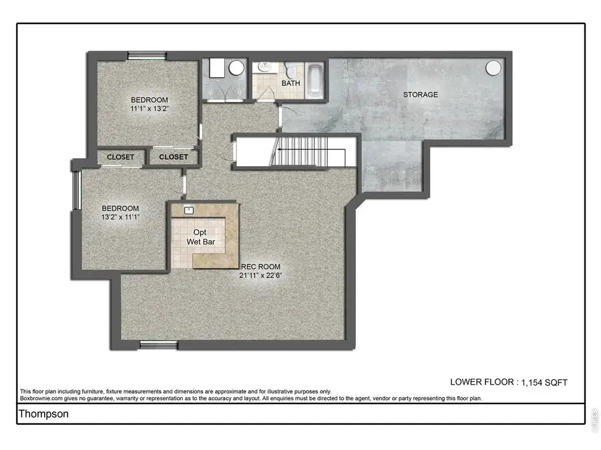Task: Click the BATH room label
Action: point(290,83)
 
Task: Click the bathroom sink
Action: point(264,67)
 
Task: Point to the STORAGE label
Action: point(420,95)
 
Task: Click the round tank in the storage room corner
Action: point(493,68)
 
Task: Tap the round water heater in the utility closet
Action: point(236,68)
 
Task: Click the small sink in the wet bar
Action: point(188,210)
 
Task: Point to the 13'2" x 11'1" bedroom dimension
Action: point(120,216)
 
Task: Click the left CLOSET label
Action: point(120,157)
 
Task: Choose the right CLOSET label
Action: point(174,157)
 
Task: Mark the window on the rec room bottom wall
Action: point(159,345)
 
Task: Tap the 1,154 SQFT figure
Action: point(543,382)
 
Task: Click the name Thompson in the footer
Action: point(43,413)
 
